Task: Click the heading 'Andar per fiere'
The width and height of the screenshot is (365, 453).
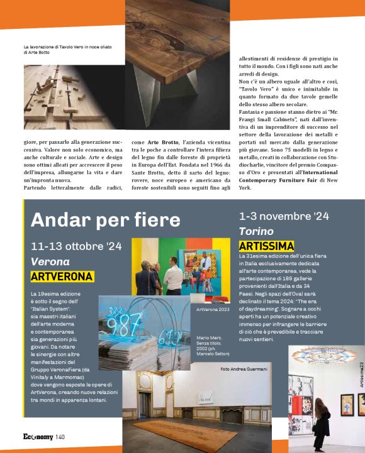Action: pyautogui.click(x=105, y=220)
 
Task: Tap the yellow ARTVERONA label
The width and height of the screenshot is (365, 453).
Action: pyautogui.click(x=62, y=276)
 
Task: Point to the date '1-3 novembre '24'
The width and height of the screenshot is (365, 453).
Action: pyautogui.click(x=284, y=216)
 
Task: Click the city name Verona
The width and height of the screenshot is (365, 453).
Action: pyautogui.click(x=50, y=261)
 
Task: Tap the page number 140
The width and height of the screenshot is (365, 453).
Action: pyautogui.click(x=60, y=437)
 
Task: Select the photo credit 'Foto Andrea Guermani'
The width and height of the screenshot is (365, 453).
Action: pyautogui.click(x=244, y=369)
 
